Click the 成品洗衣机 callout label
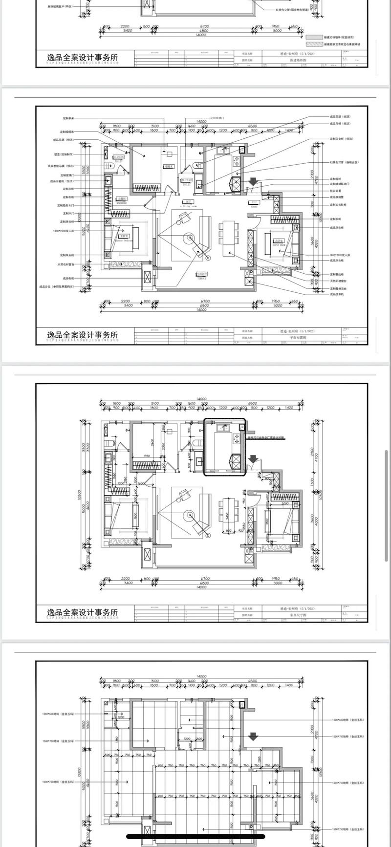coord(337,295)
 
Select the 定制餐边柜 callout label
coord(338,274)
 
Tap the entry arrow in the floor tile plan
coord(253,736)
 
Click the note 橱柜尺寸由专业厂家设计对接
coord(266,438)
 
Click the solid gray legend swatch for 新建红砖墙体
coord(315,37)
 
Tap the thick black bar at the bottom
coord(195,836)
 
